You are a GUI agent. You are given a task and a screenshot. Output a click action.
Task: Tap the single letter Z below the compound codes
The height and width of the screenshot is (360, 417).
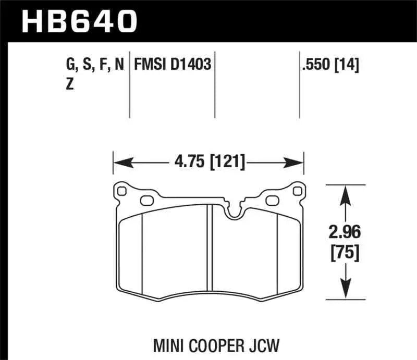[x=69, y=86]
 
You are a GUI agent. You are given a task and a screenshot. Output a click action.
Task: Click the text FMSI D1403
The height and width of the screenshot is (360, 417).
[x=173, y=66]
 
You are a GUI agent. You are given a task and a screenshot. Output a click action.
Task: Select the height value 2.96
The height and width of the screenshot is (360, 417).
[x=344, y=232]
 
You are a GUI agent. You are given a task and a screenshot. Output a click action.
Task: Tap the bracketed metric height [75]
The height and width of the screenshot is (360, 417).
[x=344, y=253]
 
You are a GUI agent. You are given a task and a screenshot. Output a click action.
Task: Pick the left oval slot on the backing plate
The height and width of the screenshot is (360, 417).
[x=146, y=200]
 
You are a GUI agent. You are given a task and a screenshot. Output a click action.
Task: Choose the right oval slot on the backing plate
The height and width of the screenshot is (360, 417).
[x=273, y=200]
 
